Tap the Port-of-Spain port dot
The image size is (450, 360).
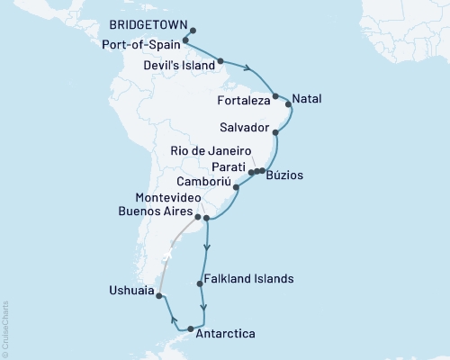click(185, 40)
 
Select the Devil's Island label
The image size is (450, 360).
click(179, 66)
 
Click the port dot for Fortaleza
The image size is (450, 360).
click(275, 95)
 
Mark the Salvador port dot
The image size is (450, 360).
click(275, 133)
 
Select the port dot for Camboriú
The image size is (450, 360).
click(236, 188)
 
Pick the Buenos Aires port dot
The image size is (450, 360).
click(197, 217)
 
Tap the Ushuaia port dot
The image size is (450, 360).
click(159, 295)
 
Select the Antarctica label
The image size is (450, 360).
click(225, 334)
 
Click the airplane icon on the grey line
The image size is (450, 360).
click(166, 256)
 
